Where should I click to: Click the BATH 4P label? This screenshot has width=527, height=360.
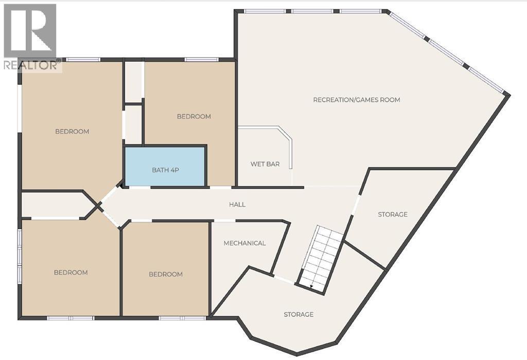165,170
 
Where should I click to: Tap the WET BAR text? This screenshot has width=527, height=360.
265,164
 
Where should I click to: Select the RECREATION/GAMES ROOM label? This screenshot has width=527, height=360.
356,100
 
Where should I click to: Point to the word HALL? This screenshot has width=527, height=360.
237,205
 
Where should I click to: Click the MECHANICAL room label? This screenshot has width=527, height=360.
244,243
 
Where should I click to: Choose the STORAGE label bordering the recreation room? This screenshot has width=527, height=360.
392,214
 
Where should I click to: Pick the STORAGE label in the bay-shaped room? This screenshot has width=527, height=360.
298,314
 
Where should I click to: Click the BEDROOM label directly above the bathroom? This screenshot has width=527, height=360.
194,117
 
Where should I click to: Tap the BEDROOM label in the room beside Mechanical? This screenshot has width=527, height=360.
166,274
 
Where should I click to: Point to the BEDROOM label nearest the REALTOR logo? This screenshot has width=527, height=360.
72,132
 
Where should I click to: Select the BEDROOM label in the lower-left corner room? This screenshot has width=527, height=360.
71,273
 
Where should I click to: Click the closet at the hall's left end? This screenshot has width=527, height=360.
51,205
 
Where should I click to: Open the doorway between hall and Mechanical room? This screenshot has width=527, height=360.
224,221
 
